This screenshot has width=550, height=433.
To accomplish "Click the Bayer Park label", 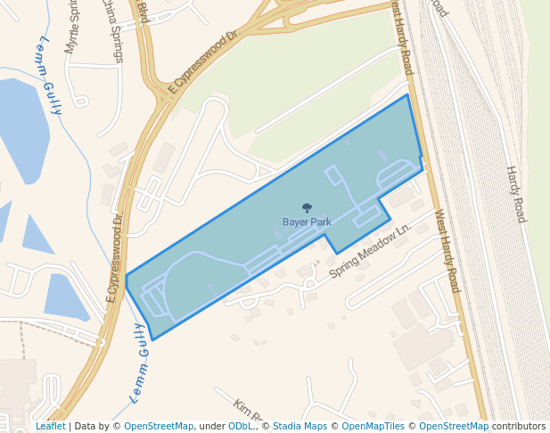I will pos(307,222).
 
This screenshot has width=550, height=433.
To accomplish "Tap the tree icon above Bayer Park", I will pos(307,208).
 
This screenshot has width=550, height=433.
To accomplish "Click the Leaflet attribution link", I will pos(50,427).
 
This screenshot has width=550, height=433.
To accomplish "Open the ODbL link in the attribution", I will pos(240,427).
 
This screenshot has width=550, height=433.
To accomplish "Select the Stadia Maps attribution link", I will pos(300,427).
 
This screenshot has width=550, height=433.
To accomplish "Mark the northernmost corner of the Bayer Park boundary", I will pos(407,94).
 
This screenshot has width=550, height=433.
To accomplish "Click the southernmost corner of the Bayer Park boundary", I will pos(153,339).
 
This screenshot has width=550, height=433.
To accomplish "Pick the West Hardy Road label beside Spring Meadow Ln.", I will pos(447,251).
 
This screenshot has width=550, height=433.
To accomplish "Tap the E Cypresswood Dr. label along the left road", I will pos(113,257).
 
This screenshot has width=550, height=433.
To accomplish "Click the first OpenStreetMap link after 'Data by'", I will pos(159,427).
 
